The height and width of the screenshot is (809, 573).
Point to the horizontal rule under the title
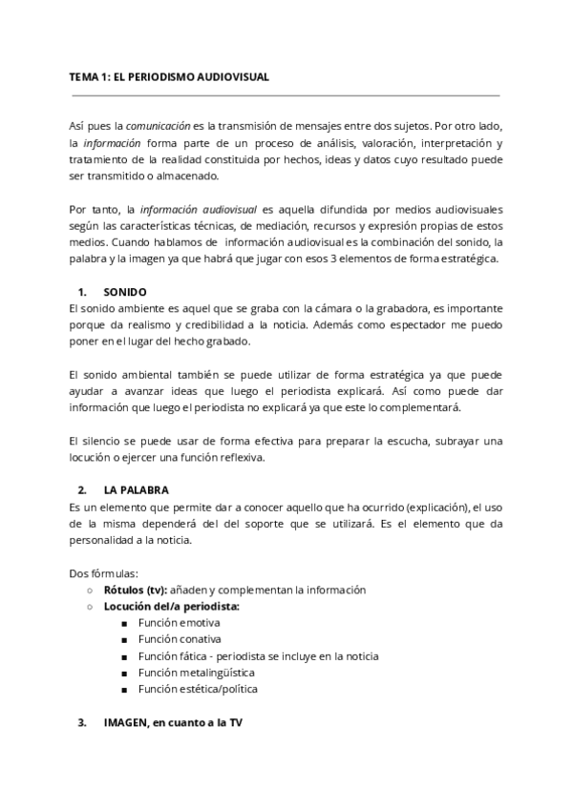pyautogui.click(x=286, y=95)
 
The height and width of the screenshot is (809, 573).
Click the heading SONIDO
pyautogui.click(x=125, y=291)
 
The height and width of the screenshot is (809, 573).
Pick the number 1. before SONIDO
pyautogui.click(x=82, y=291)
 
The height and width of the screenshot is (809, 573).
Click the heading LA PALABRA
pyautogui.click(x=138, y=490)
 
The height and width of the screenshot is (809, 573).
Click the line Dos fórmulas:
pyautogui.click(x=104, y=573)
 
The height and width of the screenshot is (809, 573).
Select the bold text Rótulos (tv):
pyautogui.click(x=135, y=591)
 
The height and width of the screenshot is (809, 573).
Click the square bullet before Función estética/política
pyautogui.click(x=125, y=689)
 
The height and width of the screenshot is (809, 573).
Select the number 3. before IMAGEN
pyautogui.click(x=82, y=722)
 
